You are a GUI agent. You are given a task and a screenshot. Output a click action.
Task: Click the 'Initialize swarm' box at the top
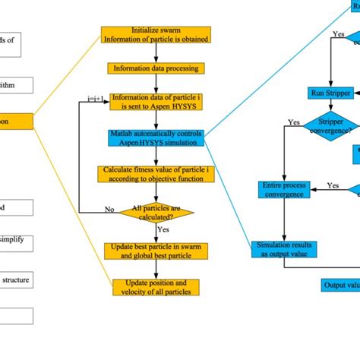156,35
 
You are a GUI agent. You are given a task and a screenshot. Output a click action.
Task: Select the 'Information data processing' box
156,68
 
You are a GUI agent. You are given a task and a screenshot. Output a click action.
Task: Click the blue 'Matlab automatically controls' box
156,137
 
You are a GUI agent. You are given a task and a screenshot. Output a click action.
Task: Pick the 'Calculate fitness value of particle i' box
156,174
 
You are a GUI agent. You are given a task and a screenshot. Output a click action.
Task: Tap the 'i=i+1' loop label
95,98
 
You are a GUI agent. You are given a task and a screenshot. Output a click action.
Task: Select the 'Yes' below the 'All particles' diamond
163,228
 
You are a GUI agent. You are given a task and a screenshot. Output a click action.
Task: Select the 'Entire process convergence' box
283,189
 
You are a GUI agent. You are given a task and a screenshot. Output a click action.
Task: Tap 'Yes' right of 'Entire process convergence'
332,185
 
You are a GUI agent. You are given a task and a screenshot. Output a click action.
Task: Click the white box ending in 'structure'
16,280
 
